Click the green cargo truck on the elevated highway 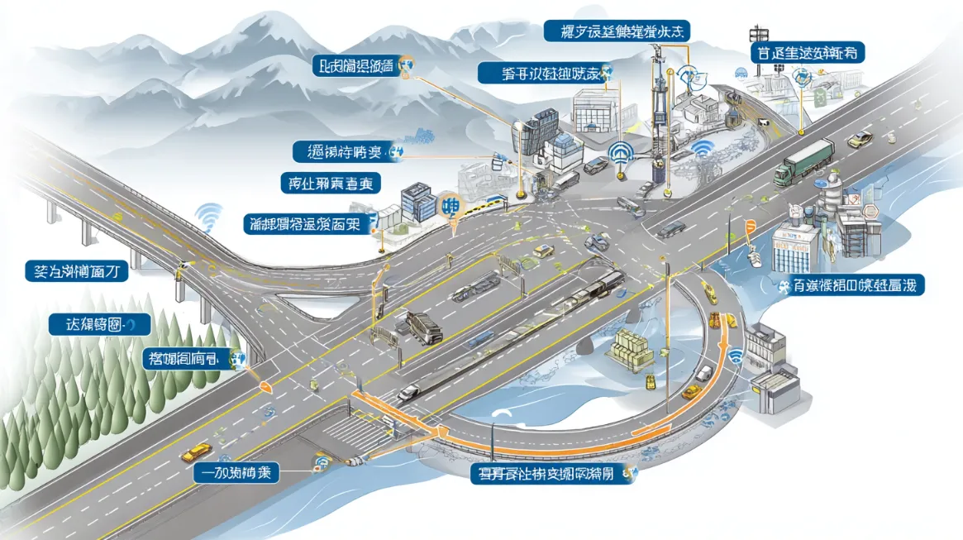[x=803, y=160]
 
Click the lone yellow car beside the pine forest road [x=196, y=452]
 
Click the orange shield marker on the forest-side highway [x=265, y=386]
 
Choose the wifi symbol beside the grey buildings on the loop [x=735, y=357]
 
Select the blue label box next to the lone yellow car [x=236, y=474]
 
